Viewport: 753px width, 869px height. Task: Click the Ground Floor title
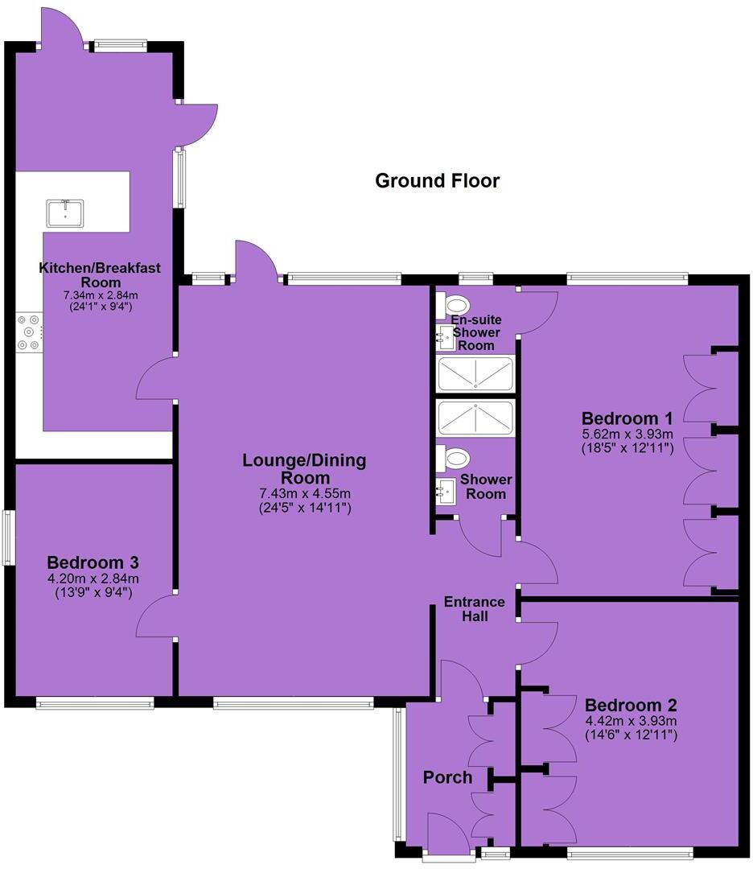coord(437,181)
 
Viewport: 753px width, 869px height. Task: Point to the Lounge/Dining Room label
coord(304,469)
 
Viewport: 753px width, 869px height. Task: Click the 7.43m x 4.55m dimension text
coord(304,493)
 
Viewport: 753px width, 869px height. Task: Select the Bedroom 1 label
coord(627,418)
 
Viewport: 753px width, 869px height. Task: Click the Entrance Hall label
coord(475,609)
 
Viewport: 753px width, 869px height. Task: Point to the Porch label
coord(447,777)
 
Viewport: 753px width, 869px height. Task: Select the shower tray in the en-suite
coord(475,374)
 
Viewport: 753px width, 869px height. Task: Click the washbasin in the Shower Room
coord(445,491)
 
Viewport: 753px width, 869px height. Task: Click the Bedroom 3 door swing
coord(155,616)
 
